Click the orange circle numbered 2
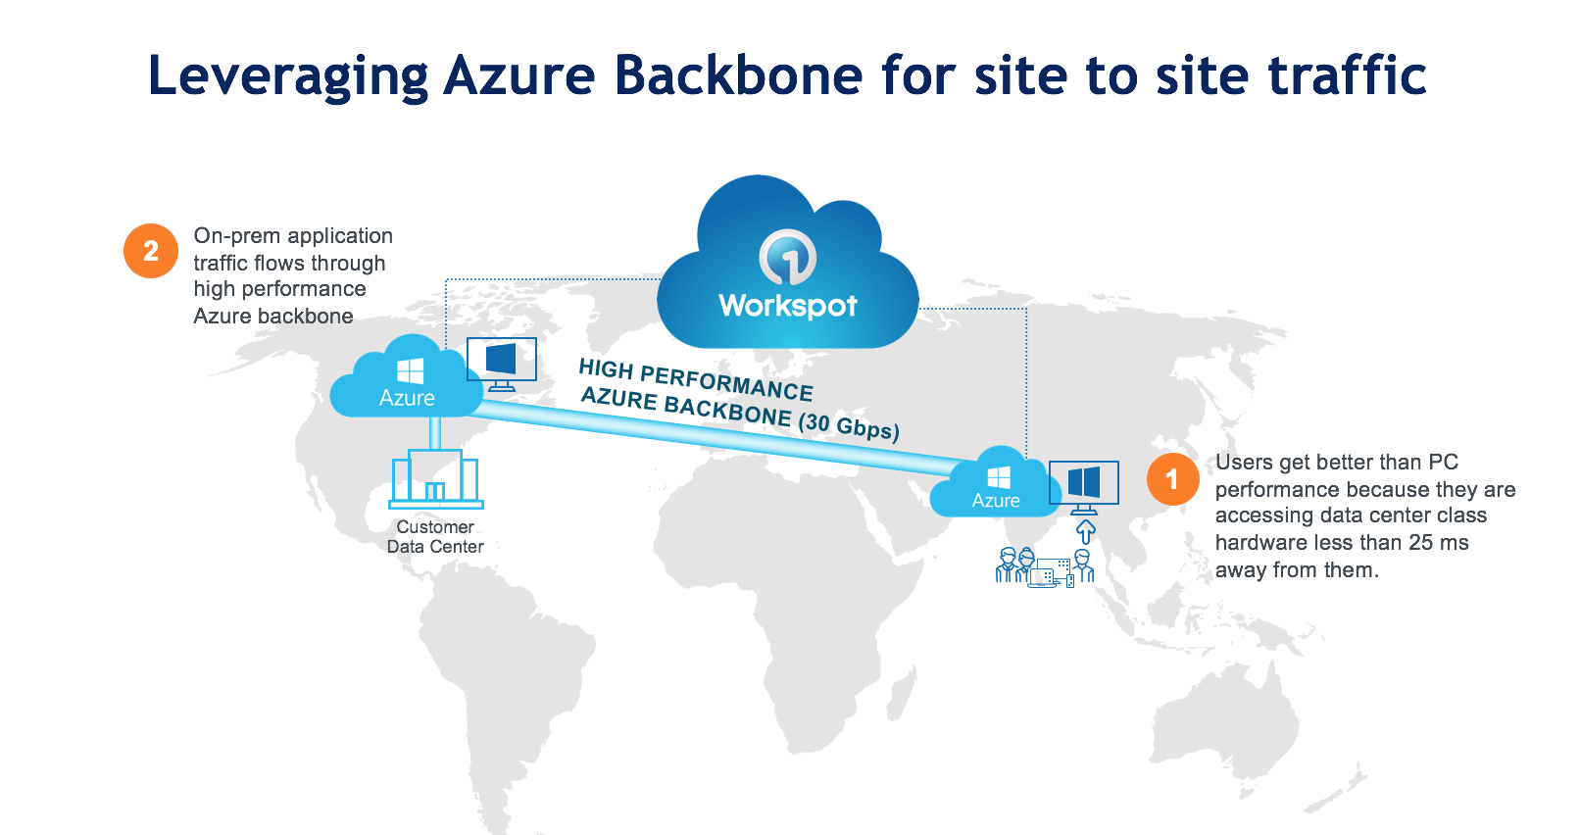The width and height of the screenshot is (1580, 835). [x=151, y=251]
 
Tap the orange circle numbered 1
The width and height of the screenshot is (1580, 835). [x=1172, y=479]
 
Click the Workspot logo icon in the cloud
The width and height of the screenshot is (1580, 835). [x=787, y=257]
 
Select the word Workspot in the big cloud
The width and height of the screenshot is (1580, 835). [x=787, y=306]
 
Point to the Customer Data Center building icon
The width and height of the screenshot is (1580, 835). [x=436, y=479]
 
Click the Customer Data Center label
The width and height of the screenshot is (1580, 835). [x=435, y=537]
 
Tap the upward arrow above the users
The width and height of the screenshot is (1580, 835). [x=1085, y=531]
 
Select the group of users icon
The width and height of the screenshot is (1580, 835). [x=1043, y=566]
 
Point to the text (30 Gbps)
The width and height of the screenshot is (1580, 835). [x=849, y=427]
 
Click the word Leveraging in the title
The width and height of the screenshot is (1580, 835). [x=288, y=76]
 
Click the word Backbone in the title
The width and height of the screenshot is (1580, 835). [x=738, y=76]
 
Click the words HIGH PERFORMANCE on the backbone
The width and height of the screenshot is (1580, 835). [x=696, y=380]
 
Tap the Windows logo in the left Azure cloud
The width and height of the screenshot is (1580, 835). [x=410, y=371]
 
